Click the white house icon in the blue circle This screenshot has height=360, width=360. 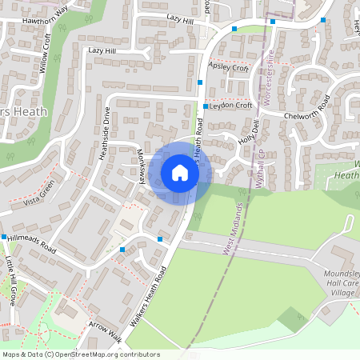pyautogui.click(x=180, y=172)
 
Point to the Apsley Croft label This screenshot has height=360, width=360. pyautogui.click(x=228, y=68)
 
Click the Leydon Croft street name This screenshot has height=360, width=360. pyautogui.click(x=231, y=105)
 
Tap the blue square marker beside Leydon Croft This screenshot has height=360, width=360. pyautogui.click(x=206, y=106)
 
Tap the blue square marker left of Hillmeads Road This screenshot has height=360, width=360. pyautogui.click(x=4, y=237)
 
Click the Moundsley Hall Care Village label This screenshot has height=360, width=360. pyautogui.click(x=338, y=283)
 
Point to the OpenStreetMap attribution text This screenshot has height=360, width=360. pyautogui.click(x=81, y=354)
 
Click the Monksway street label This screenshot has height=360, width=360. pyautogui.click(x=139, y=167)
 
